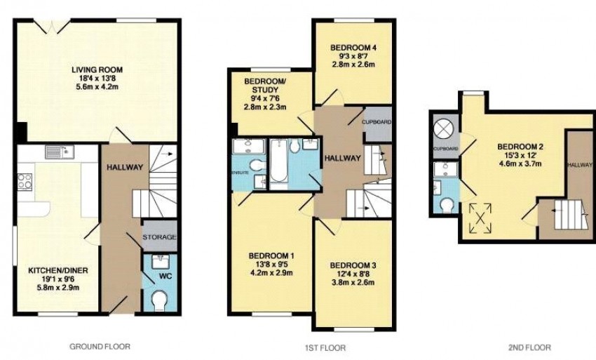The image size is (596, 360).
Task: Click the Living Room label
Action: coord(97,69)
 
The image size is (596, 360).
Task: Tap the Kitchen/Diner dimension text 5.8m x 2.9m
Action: coord(58,287)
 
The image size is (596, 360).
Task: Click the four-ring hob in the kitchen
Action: coord(25,181)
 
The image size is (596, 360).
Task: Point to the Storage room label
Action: coord(160,236)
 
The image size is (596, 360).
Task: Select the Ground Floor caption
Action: coord(100,346)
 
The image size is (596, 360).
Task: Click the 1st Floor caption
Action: coord(325,347)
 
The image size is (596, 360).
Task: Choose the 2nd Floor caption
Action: coord(529,347)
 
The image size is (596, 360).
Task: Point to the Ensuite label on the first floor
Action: coord(241,173)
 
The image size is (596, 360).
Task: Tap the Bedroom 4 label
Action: coord(353,48)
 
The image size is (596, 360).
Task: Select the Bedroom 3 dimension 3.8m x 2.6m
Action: coord(353,282)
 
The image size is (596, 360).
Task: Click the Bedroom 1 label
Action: coord(271,255)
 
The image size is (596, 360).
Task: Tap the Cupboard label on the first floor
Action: coord(377,122)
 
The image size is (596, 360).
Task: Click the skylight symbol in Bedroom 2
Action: coord(480,218)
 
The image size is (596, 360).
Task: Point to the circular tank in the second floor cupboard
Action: coord(445,128)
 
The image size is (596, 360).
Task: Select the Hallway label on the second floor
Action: coord(580,165)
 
